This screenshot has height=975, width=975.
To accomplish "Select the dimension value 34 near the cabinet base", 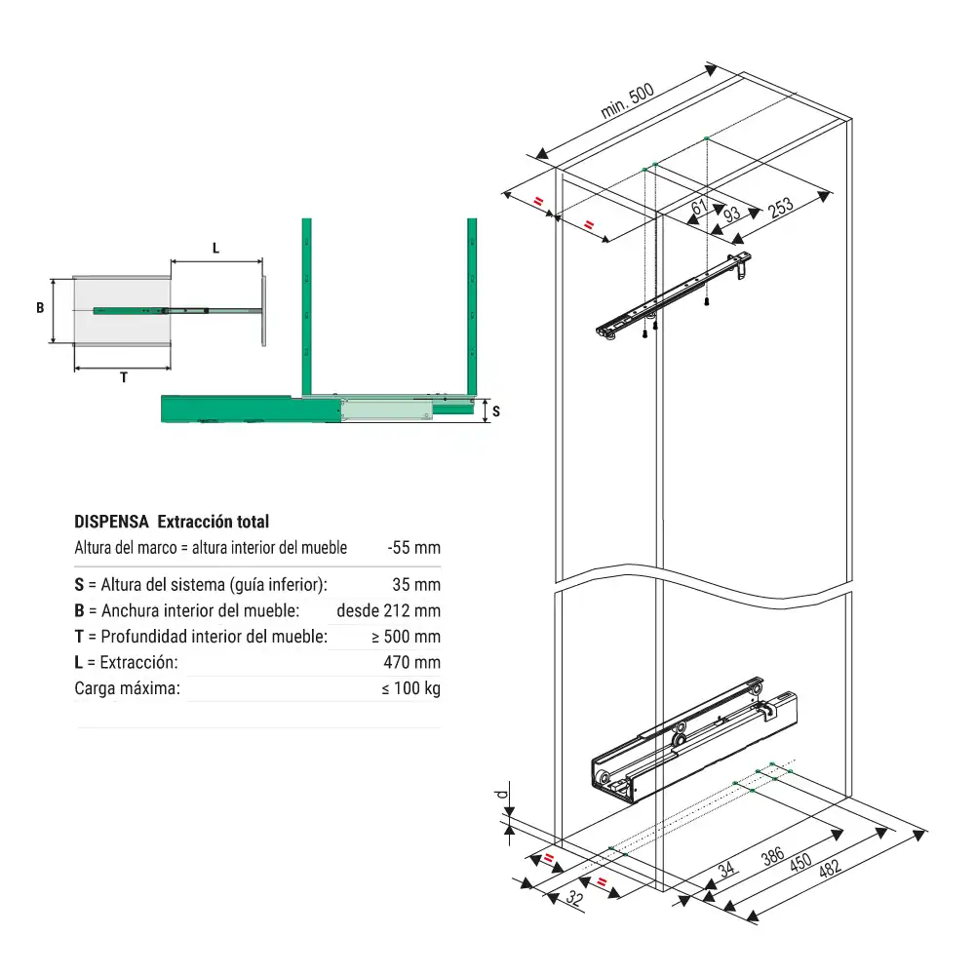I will point(725,869).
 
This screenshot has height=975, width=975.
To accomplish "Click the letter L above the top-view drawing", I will point(216,249).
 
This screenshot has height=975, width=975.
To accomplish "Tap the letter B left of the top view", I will point(40,308).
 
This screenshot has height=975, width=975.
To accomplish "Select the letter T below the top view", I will point(124,378).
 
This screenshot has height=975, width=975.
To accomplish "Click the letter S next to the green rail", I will point(495,411).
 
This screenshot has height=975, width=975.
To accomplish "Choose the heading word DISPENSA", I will point(111,522).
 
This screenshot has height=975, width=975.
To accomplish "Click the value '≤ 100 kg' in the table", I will point(410,688).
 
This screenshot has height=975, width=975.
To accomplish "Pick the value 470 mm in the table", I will point(413,662).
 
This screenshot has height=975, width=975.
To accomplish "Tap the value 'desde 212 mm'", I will point(388,611).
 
